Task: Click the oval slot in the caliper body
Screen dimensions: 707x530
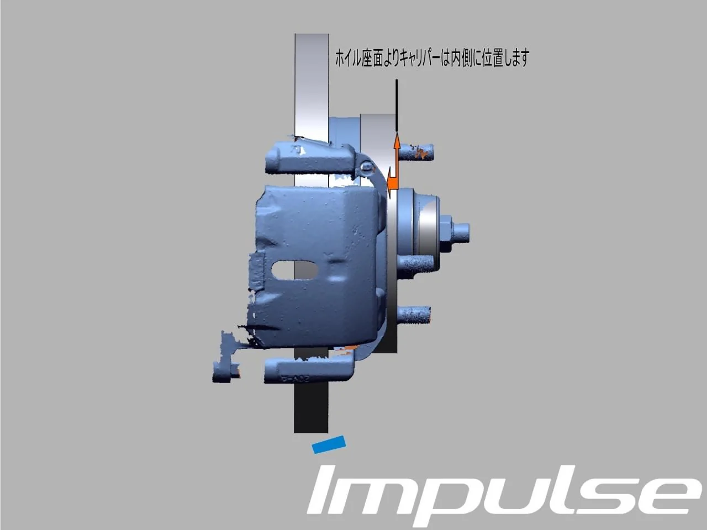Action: [295, 270]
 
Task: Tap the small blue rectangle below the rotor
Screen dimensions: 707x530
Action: [329, 445]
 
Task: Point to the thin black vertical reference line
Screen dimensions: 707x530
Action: [397, 105]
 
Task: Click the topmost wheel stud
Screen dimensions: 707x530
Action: [416, 152]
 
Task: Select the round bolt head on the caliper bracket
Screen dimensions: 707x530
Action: [367, 167]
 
